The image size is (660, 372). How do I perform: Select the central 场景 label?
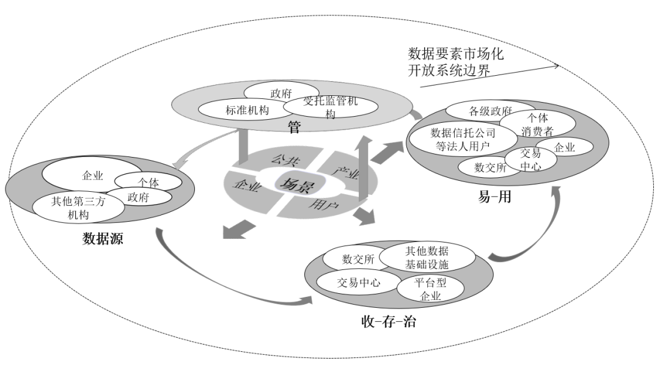[x=295, y=184]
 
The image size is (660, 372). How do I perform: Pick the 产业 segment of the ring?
[x=346, y=172]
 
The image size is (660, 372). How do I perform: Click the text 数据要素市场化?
[x=456, y=54]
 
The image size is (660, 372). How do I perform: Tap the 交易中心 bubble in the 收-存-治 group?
[x=359, y=282]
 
